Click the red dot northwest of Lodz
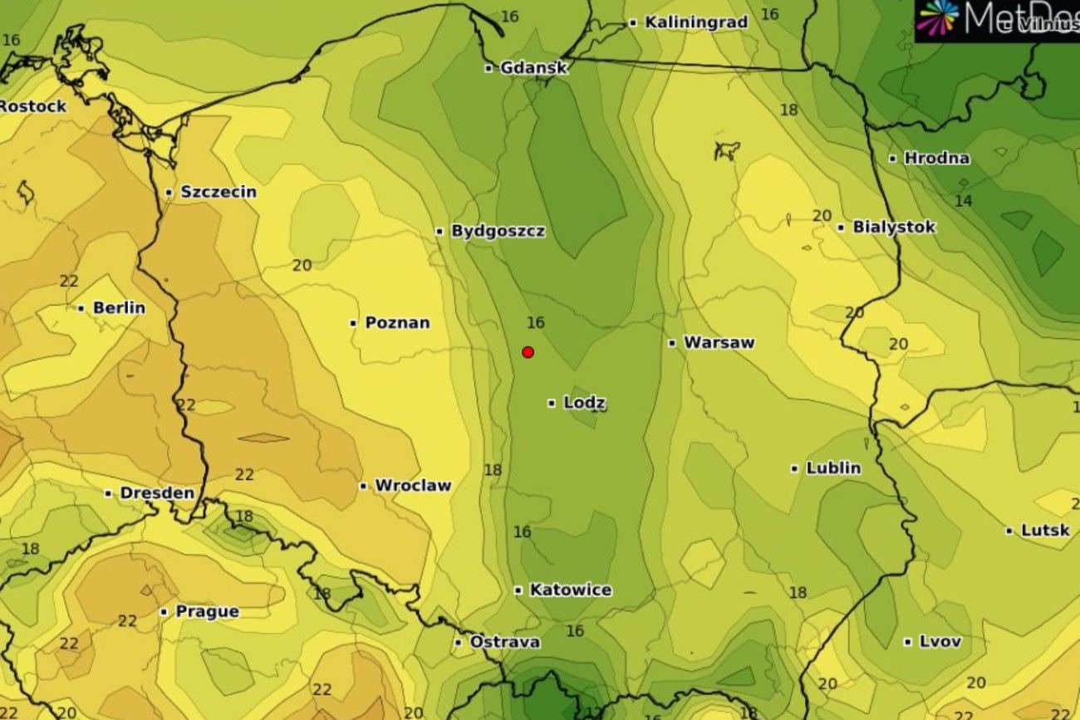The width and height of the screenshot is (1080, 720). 528,352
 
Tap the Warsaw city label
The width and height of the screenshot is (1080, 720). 719,342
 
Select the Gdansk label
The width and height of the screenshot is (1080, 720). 533,68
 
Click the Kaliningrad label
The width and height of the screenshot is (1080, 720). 696,22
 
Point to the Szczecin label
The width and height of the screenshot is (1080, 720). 218,192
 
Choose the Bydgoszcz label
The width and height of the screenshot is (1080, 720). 498,231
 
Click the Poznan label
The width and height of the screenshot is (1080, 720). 397,322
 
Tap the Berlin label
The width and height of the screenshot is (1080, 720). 119,307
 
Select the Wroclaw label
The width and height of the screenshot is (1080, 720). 413,486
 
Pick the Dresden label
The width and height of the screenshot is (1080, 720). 157,492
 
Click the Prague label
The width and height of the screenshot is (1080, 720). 207,612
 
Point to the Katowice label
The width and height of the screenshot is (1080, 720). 571,590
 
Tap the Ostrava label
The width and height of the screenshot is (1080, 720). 505,642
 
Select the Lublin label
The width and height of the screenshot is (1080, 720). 833,468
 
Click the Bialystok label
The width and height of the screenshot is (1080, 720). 894,227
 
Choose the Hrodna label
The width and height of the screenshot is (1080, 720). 936,158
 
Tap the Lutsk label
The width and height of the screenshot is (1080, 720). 1045,530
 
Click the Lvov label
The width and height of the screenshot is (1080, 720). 940,641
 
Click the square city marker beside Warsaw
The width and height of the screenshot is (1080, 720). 672,342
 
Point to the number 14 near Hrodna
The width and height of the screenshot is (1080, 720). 964,200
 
